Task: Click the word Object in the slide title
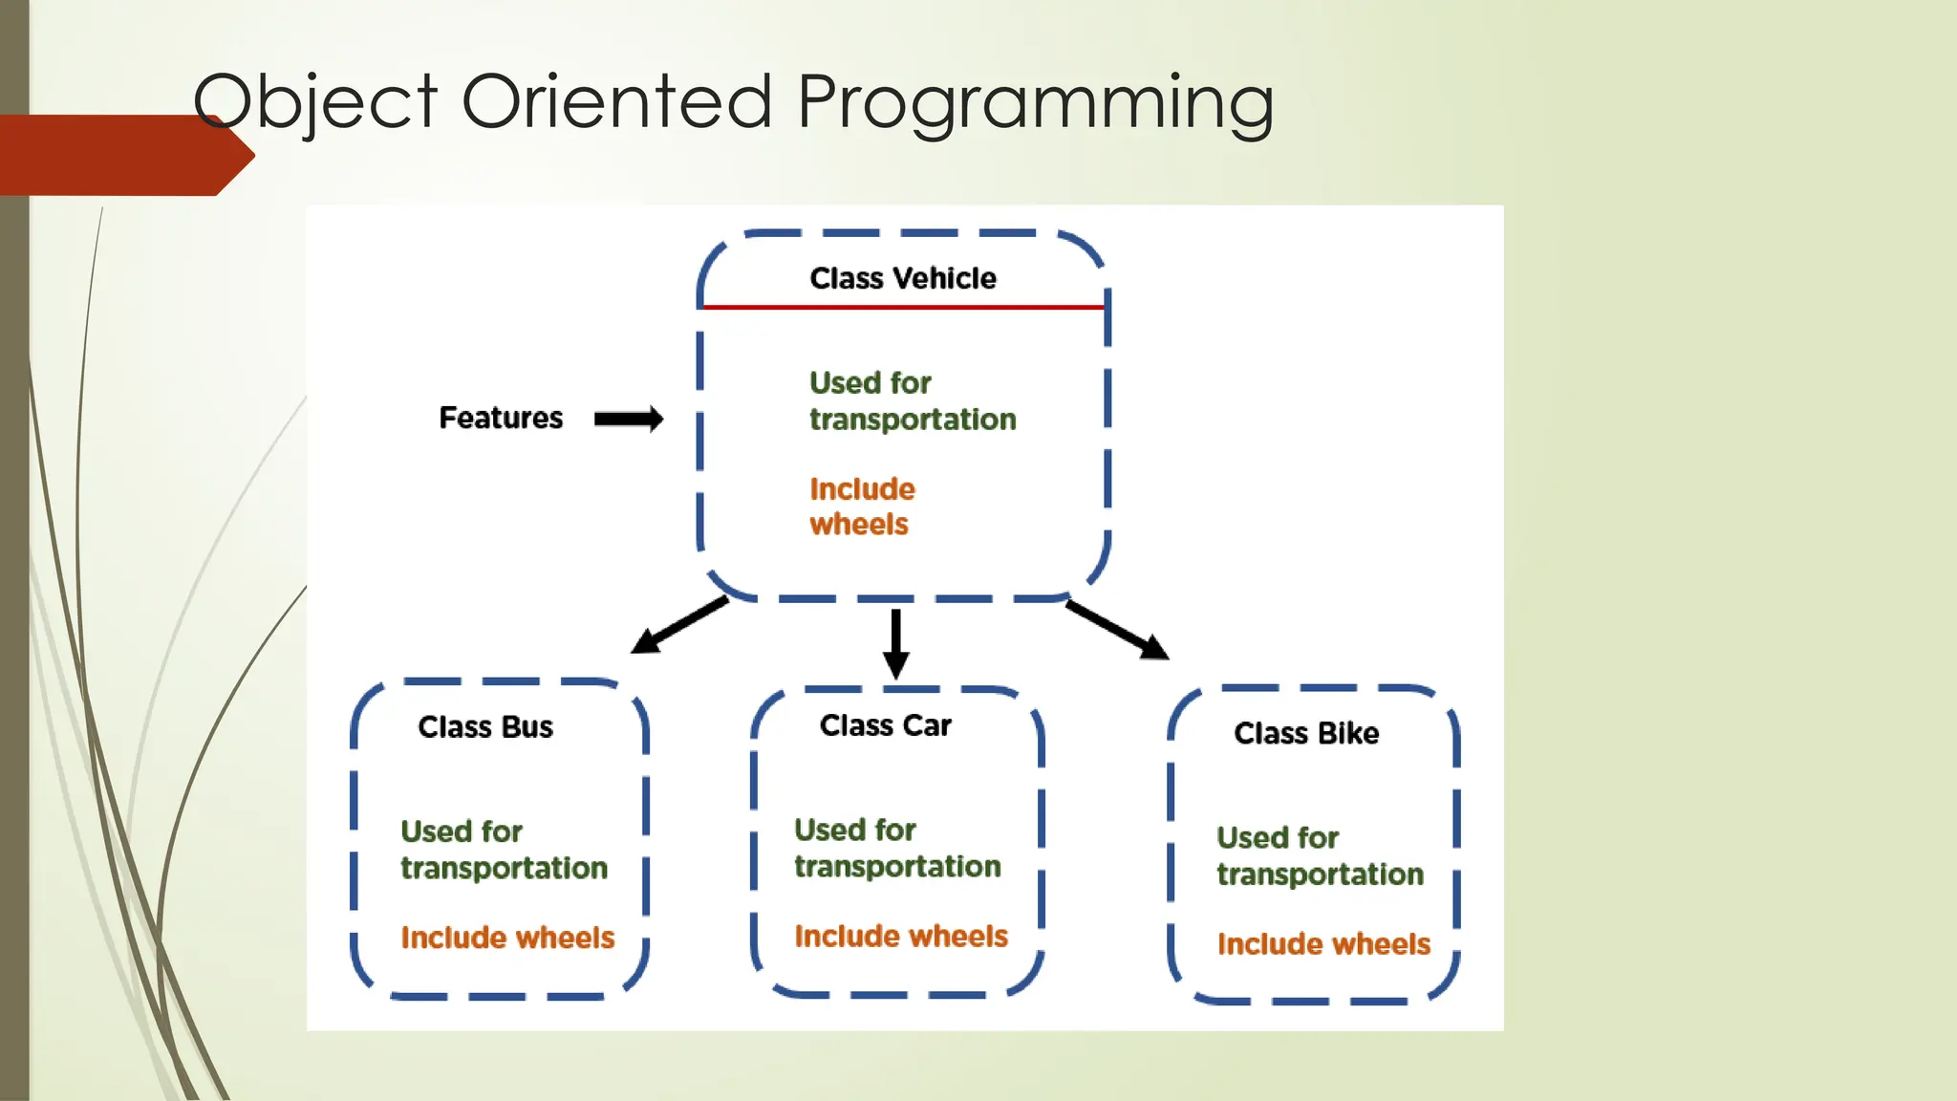[314, 103]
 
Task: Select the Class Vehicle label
[903, 278]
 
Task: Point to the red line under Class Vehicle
[903, 307]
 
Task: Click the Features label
[501, 418]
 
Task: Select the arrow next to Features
[628, 419]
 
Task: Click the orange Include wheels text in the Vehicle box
[861, 507]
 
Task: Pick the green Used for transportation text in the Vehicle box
[912, 401]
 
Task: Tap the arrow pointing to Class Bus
[679, 626]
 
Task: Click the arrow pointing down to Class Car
[895, 643]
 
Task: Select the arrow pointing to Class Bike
[1116, 630]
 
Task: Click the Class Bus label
[485, 727]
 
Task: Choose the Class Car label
[885, 725]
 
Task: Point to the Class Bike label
[1306, 733]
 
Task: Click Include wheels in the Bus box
[507, 938]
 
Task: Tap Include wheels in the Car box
[901, 936]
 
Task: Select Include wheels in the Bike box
[1323, 944]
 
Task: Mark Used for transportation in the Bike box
[1320, 856]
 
